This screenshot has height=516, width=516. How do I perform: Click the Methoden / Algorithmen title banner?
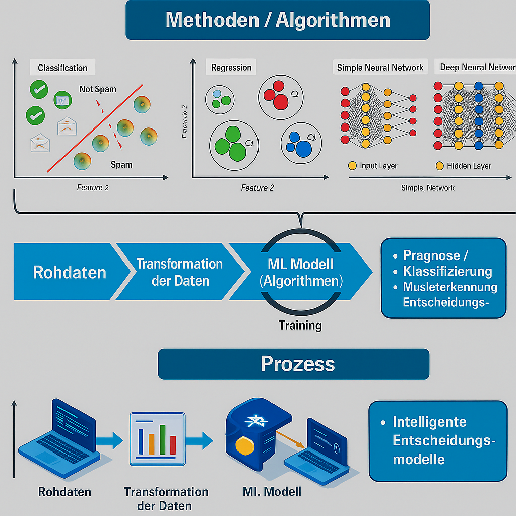(278, 20)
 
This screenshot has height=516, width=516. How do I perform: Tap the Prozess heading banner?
(294, 364)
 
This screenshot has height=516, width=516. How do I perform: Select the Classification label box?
(62, 68)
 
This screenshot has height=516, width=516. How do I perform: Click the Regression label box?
(231, 68)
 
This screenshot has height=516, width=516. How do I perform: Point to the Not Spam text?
(97, 89)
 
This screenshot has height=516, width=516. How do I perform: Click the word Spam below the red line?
(121, 165)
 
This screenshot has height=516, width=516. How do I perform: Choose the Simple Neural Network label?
(380, 67)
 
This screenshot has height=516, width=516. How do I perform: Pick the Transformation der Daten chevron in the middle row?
(179, 272)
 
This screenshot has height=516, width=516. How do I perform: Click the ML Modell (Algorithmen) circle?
(301, 272)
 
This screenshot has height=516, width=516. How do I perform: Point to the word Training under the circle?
(300, 325)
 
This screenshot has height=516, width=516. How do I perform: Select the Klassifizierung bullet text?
(447, 271)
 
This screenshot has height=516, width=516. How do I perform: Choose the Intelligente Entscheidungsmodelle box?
(438, 440)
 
